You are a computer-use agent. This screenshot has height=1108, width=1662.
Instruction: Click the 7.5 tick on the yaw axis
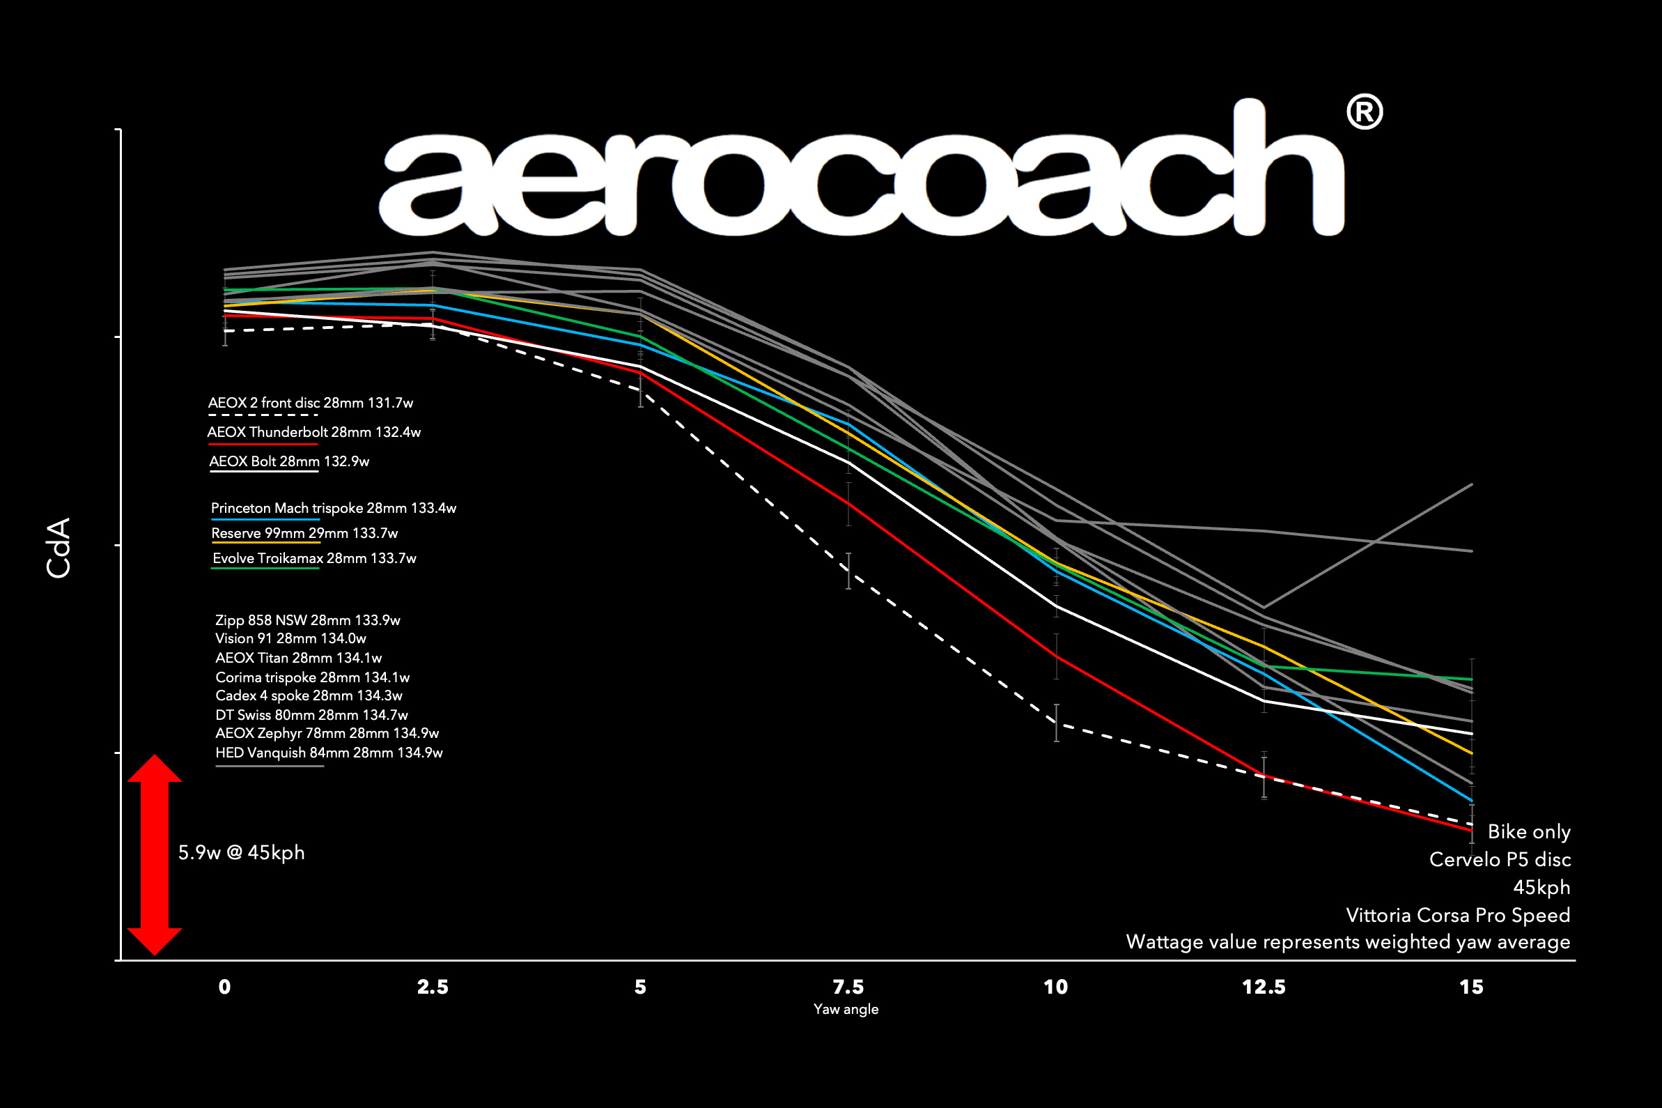[x=848, y=987]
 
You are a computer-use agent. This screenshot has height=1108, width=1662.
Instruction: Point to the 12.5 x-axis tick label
[x=1264, y=987]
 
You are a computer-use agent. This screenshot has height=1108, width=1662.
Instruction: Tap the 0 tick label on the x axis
[x=224, y=987]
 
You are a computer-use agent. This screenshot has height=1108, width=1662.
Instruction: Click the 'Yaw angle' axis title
[x=846, y=1009]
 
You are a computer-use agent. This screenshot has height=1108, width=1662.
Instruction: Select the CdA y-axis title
[x=59, y=548]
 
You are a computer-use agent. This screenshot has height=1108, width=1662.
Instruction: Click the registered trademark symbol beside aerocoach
[x=1364, y=113]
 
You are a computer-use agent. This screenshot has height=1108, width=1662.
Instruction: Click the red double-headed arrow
[x=155, y=855]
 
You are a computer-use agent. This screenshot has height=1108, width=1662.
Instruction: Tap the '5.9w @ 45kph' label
[x=241, y=852]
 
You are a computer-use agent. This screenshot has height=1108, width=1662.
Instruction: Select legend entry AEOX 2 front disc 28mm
[x=310, y=403]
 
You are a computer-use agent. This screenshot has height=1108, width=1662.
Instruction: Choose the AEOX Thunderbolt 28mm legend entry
[x=313, y=432]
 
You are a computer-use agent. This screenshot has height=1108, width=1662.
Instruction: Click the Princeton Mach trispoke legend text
[x=334, y=508]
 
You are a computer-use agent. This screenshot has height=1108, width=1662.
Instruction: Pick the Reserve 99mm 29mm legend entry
[x=304, y=533]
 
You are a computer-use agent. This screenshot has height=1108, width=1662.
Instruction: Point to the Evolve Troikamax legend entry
[x=314, y=558]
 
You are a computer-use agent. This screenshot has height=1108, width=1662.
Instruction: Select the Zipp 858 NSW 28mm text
[x=307, y=620]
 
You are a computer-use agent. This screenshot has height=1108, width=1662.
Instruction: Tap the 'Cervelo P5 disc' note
[x=1500, y=859]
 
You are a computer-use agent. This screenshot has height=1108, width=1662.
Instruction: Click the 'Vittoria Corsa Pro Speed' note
[x=1457, y=915]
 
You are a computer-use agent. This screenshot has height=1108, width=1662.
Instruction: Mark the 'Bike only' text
[x=1528, y=832]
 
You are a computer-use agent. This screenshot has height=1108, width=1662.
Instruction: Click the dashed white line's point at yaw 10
[x=1056, y=723]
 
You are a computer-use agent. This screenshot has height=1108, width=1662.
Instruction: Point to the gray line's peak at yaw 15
[x=1471, y=485]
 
